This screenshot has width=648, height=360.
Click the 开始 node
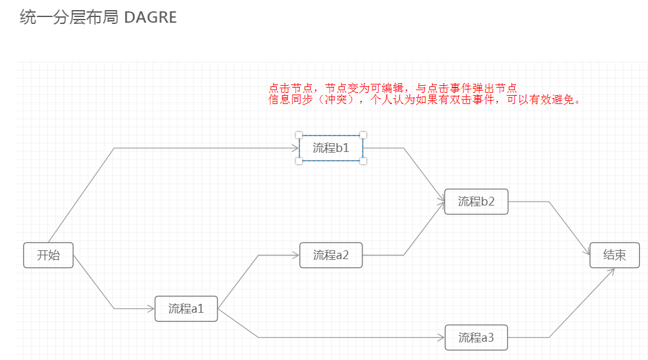click(x=49, y=255)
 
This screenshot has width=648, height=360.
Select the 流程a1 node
click(x=186, y=309)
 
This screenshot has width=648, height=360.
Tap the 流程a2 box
click(x=331, y=255)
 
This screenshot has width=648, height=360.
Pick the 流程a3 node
click(x=476, y=338)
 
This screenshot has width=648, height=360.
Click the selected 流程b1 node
click(x=331, y=148)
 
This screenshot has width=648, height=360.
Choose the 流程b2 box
click(x=476, y=202)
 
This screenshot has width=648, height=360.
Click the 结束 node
click(x=615, y=255)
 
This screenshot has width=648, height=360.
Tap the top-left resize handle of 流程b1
click(x=299, y=135)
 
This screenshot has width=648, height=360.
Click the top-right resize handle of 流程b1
click(x=363, y=135)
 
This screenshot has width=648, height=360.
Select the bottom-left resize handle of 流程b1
click(x=299, y=161)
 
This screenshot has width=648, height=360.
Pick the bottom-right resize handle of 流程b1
click(x=363, y=161)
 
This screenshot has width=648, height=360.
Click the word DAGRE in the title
click(x=150, y=18)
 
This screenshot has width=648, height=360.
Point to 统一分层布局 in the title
click(x=69, y=18)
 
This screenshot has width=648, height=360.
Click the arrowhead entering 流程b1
click(x=295, y=148)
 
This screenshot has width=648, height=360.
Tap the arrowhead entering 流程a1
click(x=151, y=309)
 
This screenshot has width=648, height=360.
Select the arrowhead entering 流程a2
click(x=295, y=255)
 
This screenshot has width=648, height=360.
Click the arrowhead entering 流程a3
click(x=441, y=338)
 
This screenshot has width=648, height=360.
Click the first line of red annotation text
click(x=393, y=88)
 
